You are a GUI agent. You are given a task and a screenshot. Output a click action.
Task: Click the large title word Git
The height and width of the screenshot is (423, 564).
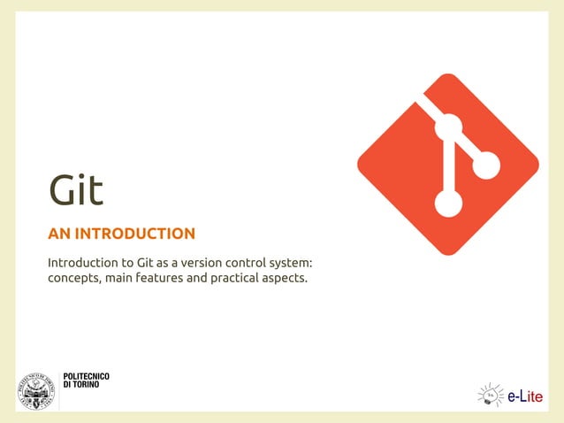pyautogui.click(x=76, y=191)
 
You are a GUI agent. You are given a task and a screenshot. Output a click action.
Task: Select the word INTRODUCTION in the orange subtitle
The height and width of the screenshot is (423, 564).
pyautogui.click(x=135, y=235)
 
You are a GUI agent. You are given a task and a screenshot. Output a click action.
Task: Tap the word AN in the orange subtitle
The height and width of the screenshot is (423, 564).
pyautogui.click(x=59, y=235)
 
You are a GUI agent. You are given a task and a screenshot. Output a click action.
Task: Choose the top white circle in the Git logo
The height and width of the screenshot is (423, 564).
pyautogui.click(x=448, y=127)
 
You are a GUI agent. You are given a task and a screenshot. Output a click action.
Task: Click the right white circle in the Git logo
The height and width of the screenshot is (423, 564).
pyautogui.click(x=485, y=165)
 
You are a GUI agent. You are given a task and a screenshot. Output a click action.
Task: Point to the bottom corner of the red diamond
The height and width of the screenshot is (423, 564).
pyautogui.click(x=448, y=254)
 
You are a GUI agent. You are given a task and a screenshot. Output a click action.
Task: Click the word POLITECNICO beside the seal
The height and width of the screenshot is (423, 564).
pyautogui.click(x=87, y=379)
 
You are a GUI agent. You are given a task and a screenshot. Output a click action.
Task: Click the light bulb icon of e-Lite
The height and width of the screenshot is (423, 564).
pyautogui.click(x=490, y=394)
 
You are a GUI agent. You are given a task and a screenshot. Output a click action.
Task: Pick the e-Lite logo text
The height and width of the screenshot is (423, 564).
pyautogui.click(x=526, y=395)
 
